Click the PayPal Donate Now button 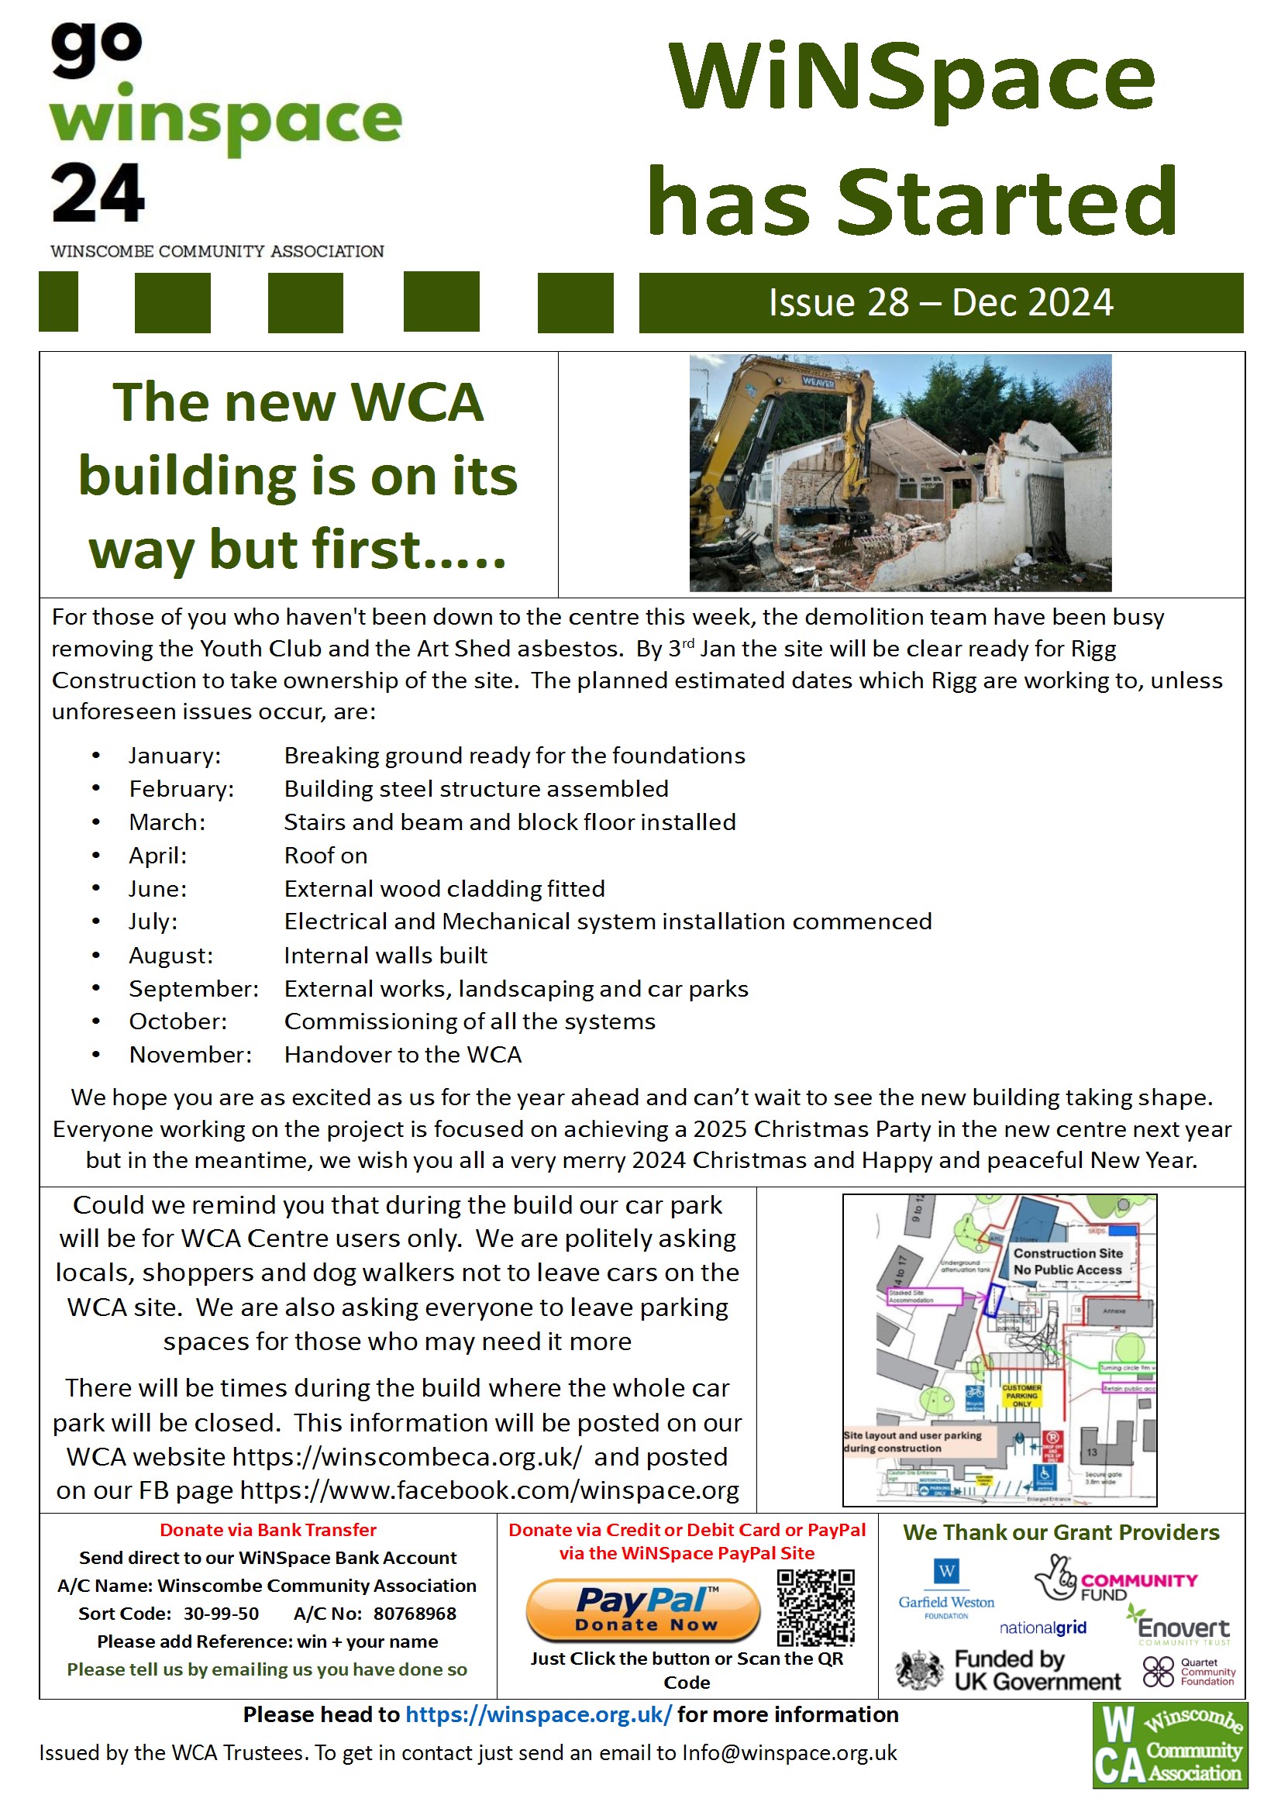642,1609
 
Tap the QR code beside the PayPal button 815,1607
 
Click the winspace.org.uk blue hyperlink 539,1715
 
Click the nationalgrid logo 1042,1628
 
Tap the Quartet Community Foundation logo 1189,1672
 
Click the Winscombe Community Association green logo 1170,1745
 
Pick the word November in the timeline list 190,1055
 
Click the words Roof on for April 325,856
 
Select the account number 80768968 415,1614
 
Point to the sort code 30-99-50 221,1614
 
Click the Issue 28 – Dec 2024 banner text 941,303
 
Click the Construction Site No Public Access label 1067,1261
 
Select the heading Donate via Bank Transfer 267,1530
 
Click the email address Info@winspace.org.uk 789,1753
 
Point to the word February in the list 181,789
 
